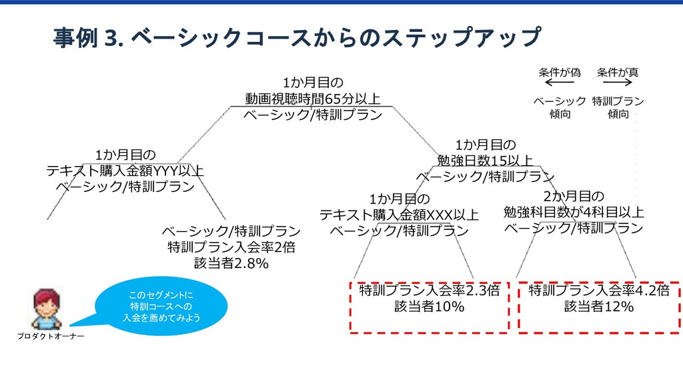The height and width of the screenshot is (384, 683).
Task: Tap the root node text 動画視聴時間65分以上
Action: (313, 99)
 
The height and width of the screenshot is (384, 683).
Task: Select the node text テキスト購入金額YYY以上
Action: (125, 171)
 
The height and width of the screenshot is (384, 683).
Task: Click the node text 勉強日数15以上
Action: (485, 160)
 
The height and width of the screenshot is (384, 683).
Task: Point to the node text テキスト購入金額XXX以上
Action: (399, 215)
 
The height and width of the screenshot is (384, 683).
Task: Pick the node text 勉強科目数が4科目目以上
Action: (574, 212)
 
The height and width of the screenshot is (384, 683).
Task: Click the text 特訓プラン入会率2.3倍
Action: (429, 291)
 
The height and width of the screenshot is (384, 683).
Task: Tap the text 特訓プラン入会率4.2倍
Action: (599, 291)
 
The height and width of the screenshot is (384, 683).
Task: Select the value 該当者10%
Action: (429, 307)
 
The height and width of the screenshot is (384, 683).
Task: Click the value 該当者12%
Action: (599, 307)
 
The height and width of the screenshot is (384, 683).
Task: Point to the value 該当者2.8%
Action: (231, 264)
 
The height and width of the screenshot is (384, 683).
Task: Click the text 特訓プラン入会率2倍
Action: (231, 247)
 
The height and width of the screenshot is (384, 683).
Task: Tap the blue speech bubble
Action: (161, 306)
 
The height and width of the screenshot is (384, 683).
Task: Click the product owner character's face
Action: (46, 307)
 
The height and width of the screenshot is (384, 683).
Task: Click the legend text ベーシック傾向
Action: (560, 107)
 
